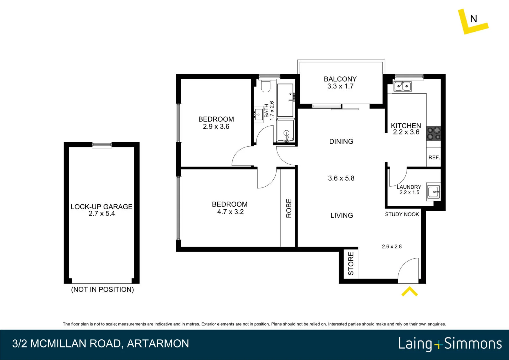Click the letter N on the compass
tap(474, 19)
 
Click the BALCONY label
tap(340, 79)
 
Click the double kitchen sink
tap(402, 86)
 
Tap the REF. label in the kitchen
tap(434, 158)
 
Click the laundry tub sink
tap(433, 192)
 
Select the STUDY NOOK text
tap(402, 214)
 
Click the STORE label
tap(351, 264)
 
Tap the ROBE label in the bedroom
tap(289, 208)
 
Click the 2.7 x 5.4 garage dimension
tap(102, 214)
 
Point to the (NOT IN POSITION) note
tap(102, 289)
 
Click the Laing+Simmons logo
tap(450, 344)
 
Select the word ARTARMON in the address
tap(158, 344)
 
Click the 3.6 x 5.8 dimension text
tap(341, 178)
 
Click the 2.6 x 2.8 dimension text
tap(392, 246)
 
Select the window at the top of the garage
tap(102, 145)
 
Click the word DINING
tap(341, 141)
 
